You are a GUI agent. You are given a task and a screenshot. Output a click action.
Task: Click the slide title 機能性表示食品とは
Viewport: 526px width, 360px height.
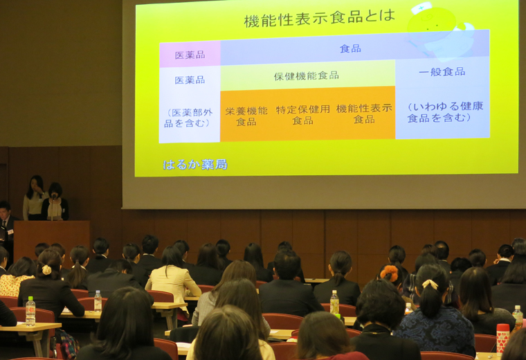[319, 19]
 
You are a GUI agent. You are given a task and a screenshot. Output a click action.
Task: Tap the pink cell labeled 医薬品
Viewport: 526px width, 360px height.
[190, 54]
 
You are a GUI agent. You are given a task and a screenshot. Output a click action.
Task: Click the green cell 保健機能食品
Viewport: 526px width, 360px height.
[307, 76]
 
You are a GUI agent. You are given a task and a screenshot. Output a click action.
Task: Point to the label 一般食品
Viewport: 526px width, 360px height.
[442, 72]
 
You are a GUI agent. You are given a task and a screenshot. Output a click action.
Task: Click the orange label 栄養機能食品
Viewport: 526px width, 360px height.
[246, 116]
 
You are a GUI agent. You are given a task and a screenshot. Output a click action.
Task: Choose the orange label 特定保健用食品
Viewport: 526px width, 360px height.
[302, 115]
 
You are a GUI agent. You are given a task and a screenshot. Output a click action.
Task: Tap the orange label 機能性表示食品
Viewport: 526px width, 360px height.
[364, 114]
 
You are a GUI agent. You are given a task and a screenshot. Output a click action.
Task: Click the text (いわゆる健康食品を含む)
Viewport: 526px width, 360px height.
[445, 112]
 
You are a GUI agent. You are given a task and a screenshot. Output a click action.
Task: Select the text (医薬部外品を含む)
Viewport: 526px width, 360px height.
[189, 118]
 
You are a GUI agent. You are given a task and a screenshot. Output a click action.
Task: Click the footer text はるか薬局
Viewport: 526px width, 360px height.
[195, 164]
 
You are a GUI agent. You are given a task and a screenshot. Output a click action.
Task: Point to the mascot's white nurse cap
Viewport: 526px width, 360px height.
[421, 8]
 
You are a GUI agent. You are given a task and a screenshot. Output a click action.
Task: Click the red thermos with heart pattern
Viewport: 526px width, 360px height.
[502, 338]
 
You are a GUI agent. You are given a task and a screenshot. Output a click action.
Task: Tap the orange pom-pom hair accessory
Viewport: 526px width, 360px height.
[389, 273]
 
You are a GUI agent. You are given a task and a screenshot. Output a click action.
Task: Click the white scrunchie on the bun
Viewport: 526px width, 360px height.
[46, 269]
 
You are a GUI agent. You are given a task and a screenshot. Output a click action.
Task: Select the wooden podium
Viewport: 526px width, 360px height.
[52, 240]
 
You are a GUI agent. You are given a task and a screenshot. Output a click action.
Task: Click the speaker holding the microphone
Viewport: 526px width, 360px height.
[55, 202]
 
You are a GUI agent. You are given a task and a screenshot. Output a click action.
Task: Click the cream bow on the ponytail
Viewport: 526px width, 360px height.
[430, 284]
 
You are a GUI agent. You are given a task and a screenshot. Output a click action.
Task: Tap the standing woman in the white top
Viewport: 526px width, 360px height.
[34, 198]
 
